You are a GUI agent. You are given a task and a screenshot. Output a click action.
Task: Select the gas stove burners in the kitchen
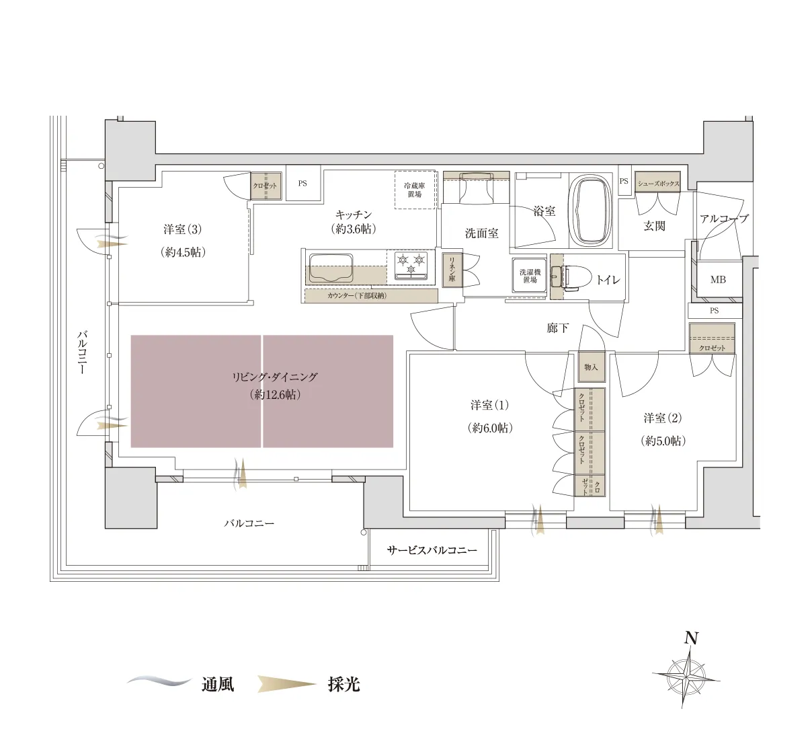(x=411, y=264)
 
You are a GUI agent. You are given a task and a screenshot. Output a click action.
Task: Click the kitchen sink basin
(x=331, y=268)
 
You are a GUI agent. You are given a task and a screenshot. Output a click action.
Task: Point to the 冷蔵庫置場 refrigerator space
(x=415, y=190)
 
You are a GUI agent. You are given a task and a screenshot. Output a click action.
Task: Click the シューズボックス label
(x=658, y=184)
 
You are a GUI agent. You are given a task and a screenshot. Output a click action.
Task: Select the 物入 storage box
(x=591, y=367)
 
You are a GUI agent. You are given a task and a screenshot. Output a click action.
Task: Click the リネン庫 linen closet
(x=452, y=270)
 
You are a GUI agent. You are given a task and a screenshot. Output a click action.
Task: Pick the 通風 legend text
(x=218, y=685)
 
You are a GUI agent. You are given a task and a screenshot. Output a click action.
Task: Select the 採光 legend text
(x=343, y=685)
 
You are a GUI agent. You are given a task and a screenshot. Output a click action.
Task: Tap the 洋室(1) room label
(x=489, y=405)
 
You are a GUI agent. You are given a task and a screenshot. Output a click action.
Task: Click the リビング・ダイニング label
(x=275, y=377)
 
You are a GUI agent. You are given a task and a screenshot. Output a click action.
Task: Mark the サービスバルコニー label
(x=432, y=550)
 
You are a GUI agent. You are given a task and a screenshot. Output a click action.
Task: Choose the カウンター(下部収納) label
(x=357, y=295)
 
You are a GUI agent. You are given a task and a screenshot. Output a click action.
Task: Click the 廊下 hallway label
(x=557, y=328)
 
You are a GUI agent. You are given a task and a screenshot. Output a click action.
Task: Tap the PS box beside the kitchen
(x=302, y=184)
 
